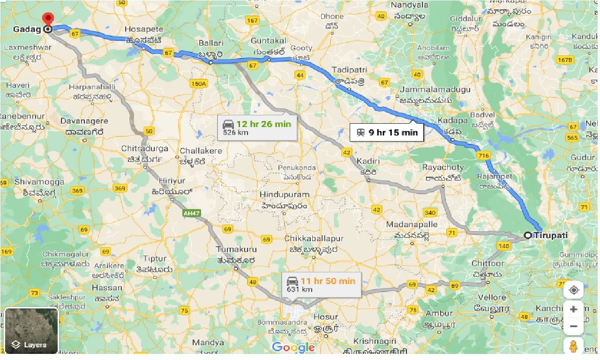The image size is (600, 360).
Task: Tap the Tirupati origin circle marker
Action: click(x=528, y=235)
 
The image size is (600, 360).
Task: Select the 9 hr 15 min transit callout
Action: click(x=387, y=132)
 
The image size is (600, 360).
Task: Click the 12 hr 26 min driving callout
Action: click(x=257, y=127)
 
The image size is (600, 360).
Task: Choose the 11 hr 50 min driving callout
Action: click(x=322, y=285)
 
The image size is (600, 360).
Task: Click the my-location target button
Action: click(x=573, y=290)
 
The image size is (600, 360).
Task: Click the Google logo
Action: click(x=293, y=347)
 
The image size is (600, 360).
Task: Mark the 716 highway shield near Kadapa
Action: click(x=484, y=154)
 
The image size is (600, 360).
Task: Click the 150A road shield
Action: click(x=198, y=83)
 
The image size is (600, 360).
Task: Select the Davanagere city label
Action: click(x=84, y=121)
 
